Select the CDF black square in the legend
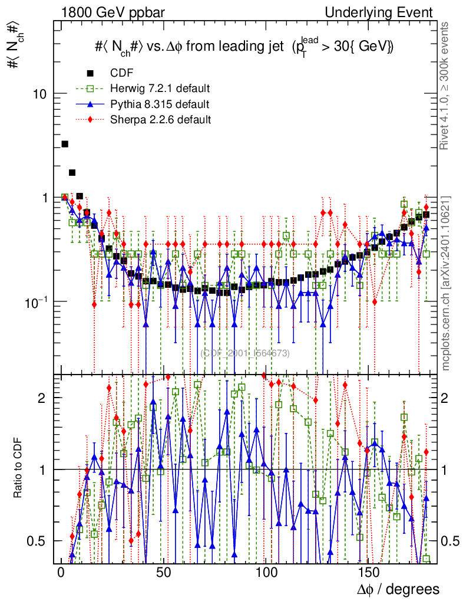click(x=90, y=73)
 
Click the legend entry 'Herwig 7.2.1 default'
click(x=159, y=88)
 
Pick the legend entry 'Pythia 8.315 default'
click(x=159, y=104)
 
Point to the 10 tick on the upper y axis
click(x=40, y=94)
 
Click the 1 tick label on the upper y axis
click(x=44, y=198)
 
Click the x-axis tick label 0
click(x=61, y=573)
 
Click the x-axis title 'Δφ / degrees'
click(x=398, y=589)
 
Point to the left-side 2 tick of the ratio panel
click(x=44, y=398)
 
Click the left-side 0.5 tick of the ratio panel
click(x=38, y=541)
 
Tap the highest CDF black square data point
click(x=65, y=144)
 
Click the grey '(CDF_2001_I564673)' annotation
click(x=244, y=353)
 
